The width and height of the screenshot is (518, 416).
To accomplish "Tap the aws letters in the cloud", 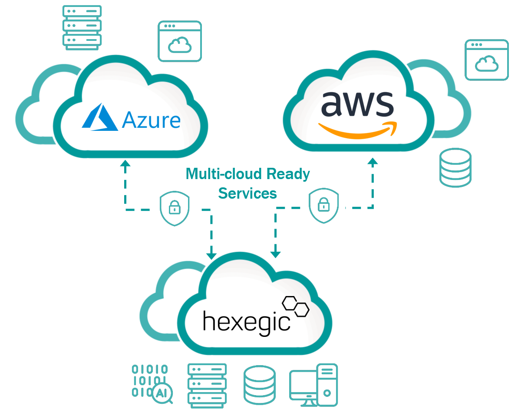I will click(x=357, y=104).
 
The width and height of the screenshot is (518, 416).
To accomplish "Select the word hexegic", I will click(x=246, y=320).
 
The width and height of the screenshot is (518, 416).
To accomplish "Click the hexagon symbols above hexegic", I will click(x=296, y=306).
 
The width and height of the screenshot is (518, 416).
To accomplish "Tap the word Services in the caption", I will click(x=247, y=193).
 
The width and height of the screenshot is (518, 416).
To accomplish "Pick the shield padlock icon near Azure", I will click(x=175, y=210).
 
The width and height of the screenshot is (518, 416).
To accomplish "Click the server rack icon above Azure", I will click(x=82, y=26).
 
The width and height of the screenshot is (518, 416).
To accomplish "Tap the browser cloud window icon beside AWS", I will click(x=486, y=60).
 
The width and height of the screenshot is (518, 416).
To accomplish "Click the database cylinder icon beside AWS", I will click(x=455, y=168).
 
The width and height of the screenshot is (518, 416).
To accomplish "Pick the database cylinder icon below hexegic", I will click(x=260, y=385).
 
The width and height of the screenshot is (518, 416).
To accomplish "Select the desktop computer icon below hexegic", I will click(x=313, y=385).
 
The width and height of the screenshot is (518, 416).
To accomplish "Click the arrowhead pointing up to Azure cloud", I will click(x=125, y=163).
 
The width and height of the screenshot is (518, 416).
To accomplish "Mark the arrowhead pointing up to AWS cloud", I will click(x=373, y=160).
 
